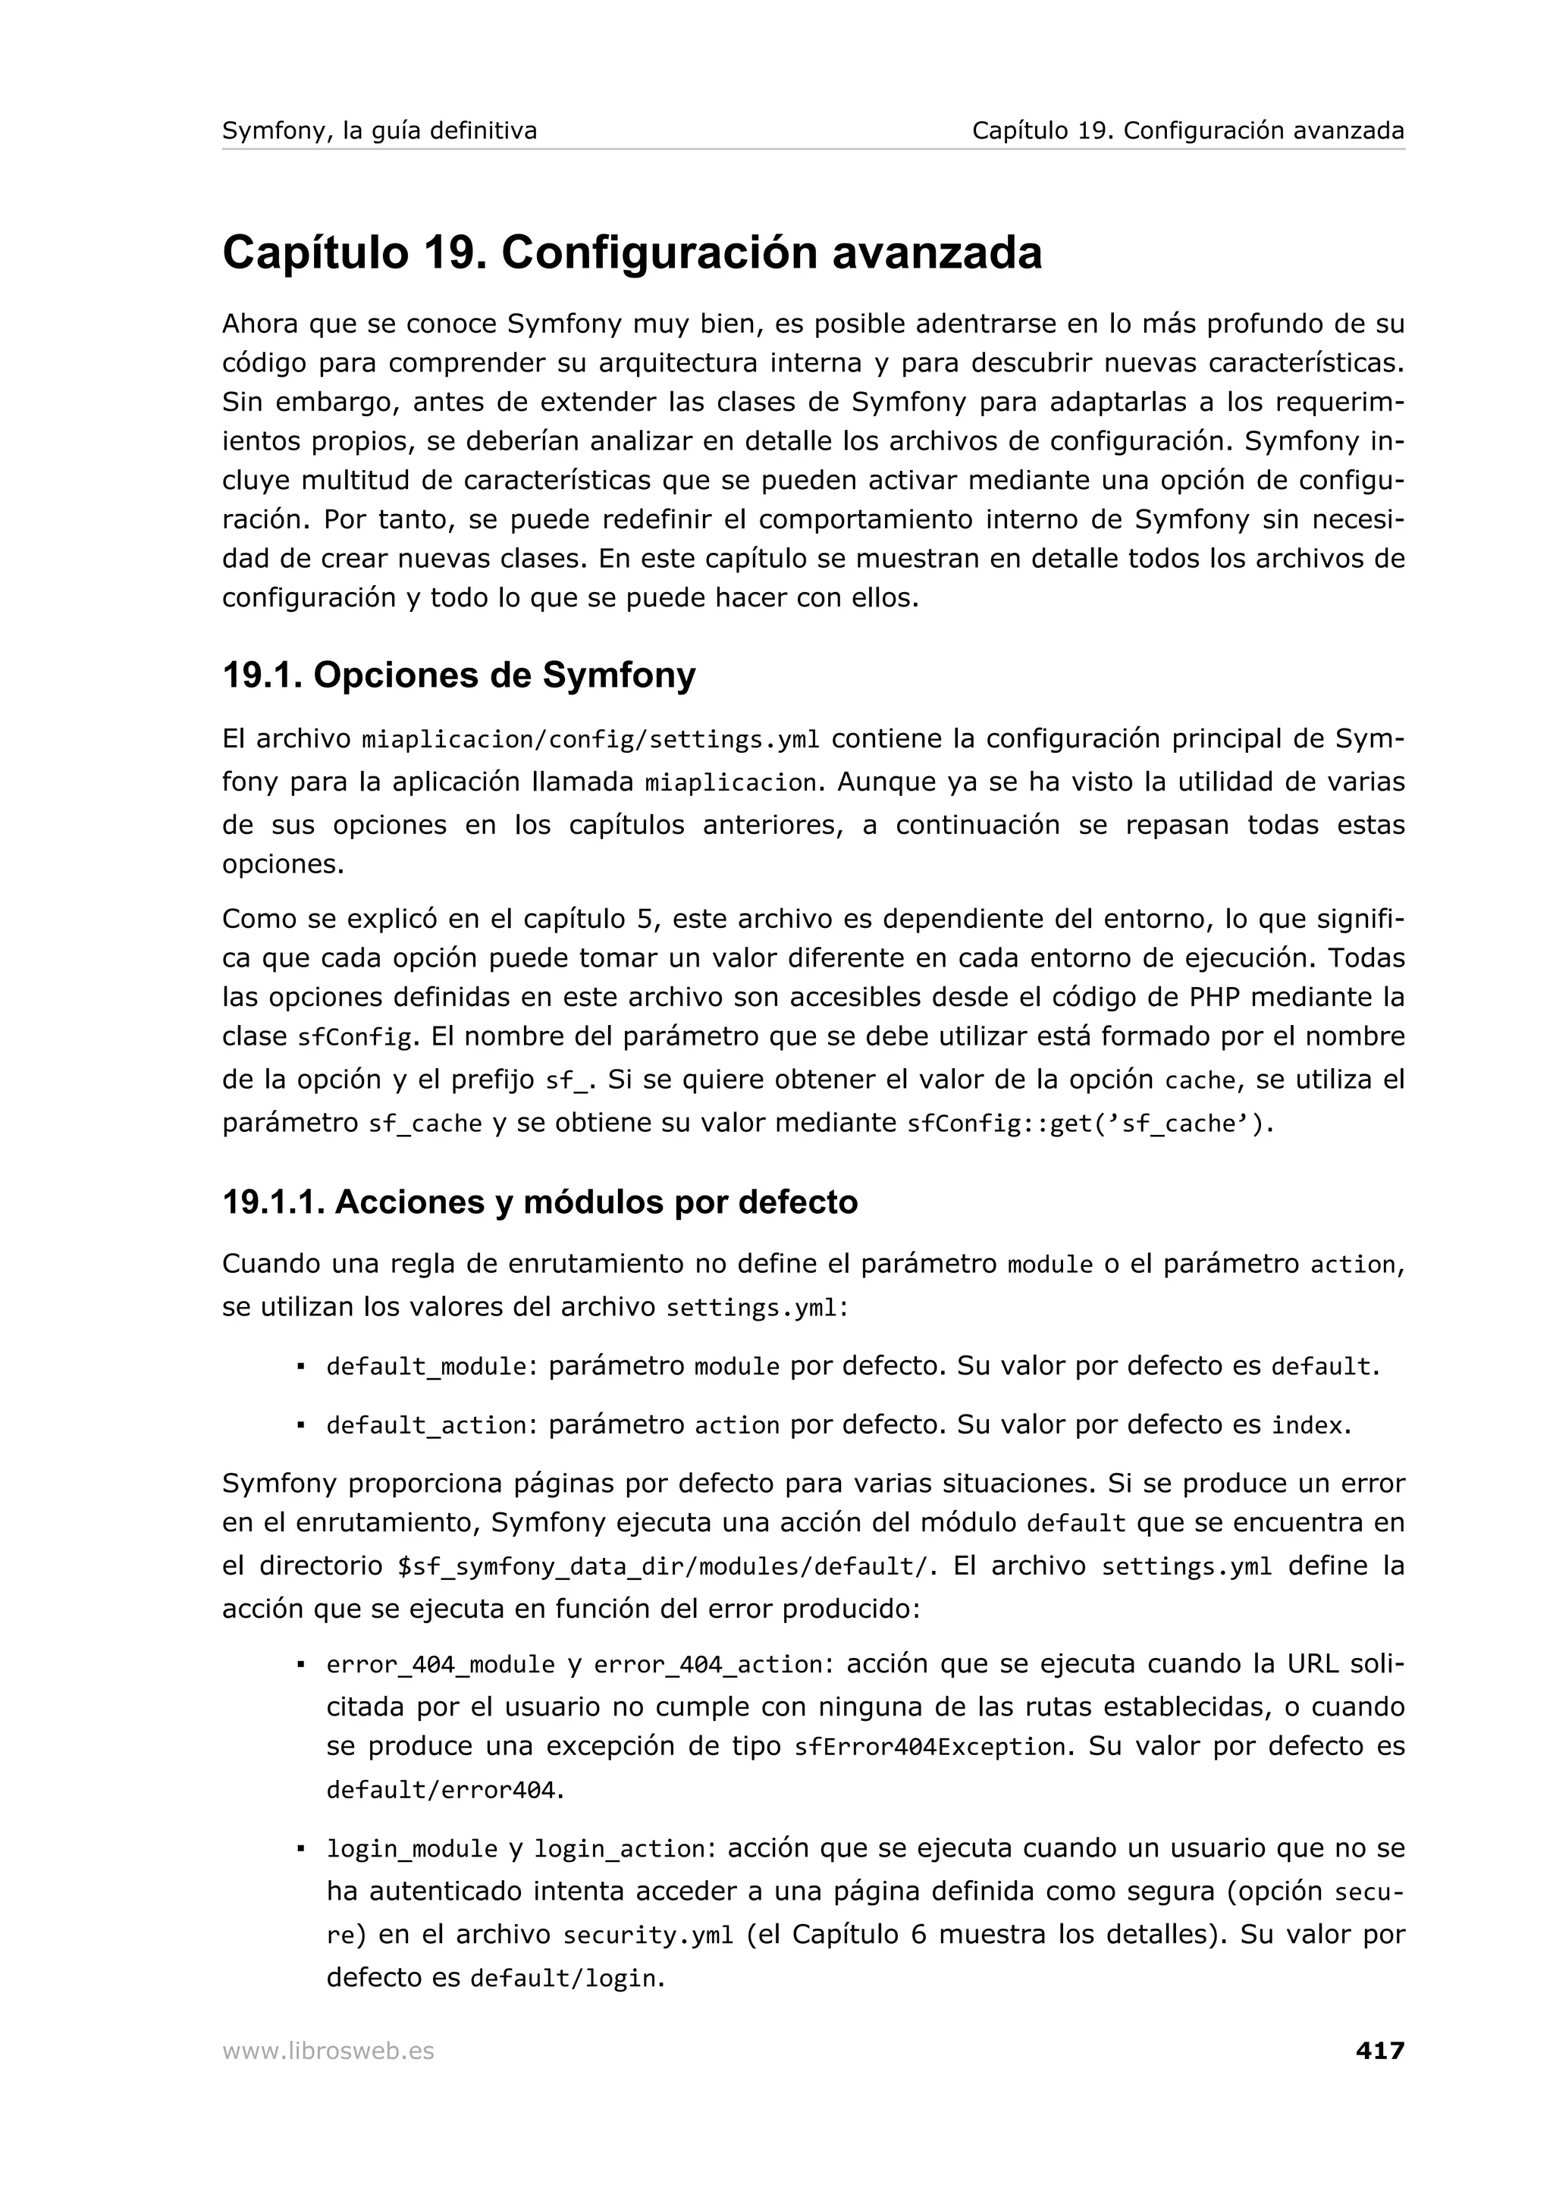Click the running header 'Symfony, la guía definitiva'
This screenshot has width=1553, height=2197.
point(379,130)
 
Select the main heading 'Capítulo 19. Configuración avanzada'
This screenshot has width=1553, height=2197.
point(632,252)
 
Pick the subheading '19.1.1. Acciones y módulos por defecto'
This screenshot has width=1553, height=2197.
point(540,1202)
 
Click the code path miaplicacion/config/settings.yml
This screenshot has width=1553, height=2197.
point(591,741)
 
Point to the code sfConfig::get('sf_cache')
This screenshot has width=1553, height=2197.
point(1089,1124)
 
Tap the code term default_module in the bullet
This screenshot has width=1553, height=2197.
point(427,1366)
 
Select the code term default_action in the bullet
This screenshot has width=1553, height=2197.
point(427,1426)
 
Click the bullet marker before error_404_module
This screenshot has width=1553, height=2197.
point(300,1665)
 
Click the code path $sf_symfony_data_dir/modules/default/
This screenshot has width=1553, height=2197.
point(661,1566)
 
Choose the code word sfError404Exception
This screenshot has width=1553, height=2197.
point(929,1747)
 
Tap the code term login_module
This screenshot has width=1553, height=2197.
point(412,1849)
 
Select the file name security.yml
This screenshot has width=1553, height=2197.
point(648,1935)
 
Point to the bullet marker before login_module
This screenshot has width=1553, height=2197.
point(300,1849)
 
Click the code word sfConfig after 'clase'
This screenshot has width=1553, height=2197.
point(355,1037)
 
